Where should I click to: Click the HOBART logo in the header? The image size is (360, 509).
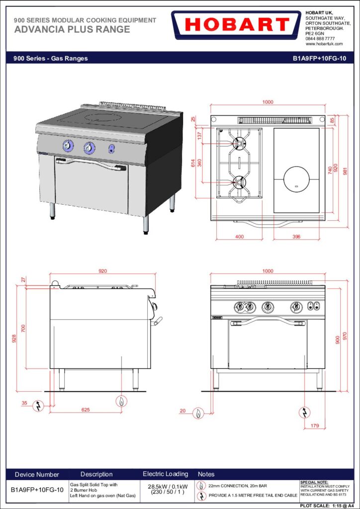(236, 25)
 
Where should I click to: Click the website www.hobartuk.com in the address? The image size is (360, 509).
(324, 44)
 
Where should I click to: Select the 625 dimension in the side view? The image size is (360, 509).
(86, 410)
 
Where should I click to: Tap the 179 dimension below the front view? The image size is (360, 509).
(314, 425)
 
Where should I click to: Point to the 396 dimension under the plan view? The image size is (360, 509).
(296, 237)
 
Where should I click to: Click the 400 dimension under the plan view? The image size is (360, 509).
(239, 237)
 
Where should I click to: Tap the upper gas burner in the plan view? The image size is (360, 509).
(239, 143)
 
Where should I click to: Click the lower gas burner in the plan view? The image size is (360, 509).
(239, 182)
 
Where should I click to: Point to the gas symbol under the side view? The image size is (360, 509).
(121, 401)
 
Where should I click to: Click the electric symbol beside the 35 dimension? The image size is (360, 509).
(38, 406)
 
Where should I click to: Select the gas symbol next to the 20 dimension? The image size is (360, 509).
(198, 413)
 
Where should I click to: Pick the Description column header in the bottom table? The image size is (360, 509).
(96, 474)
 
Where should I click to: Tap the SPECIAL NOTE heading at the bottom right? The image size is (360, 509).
(314, 482)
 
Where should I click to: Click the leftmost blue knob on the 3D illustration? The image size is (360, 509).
(68, 146)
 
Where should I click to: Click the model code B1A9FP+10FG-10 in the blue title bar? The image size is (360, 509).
(319, 59)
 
